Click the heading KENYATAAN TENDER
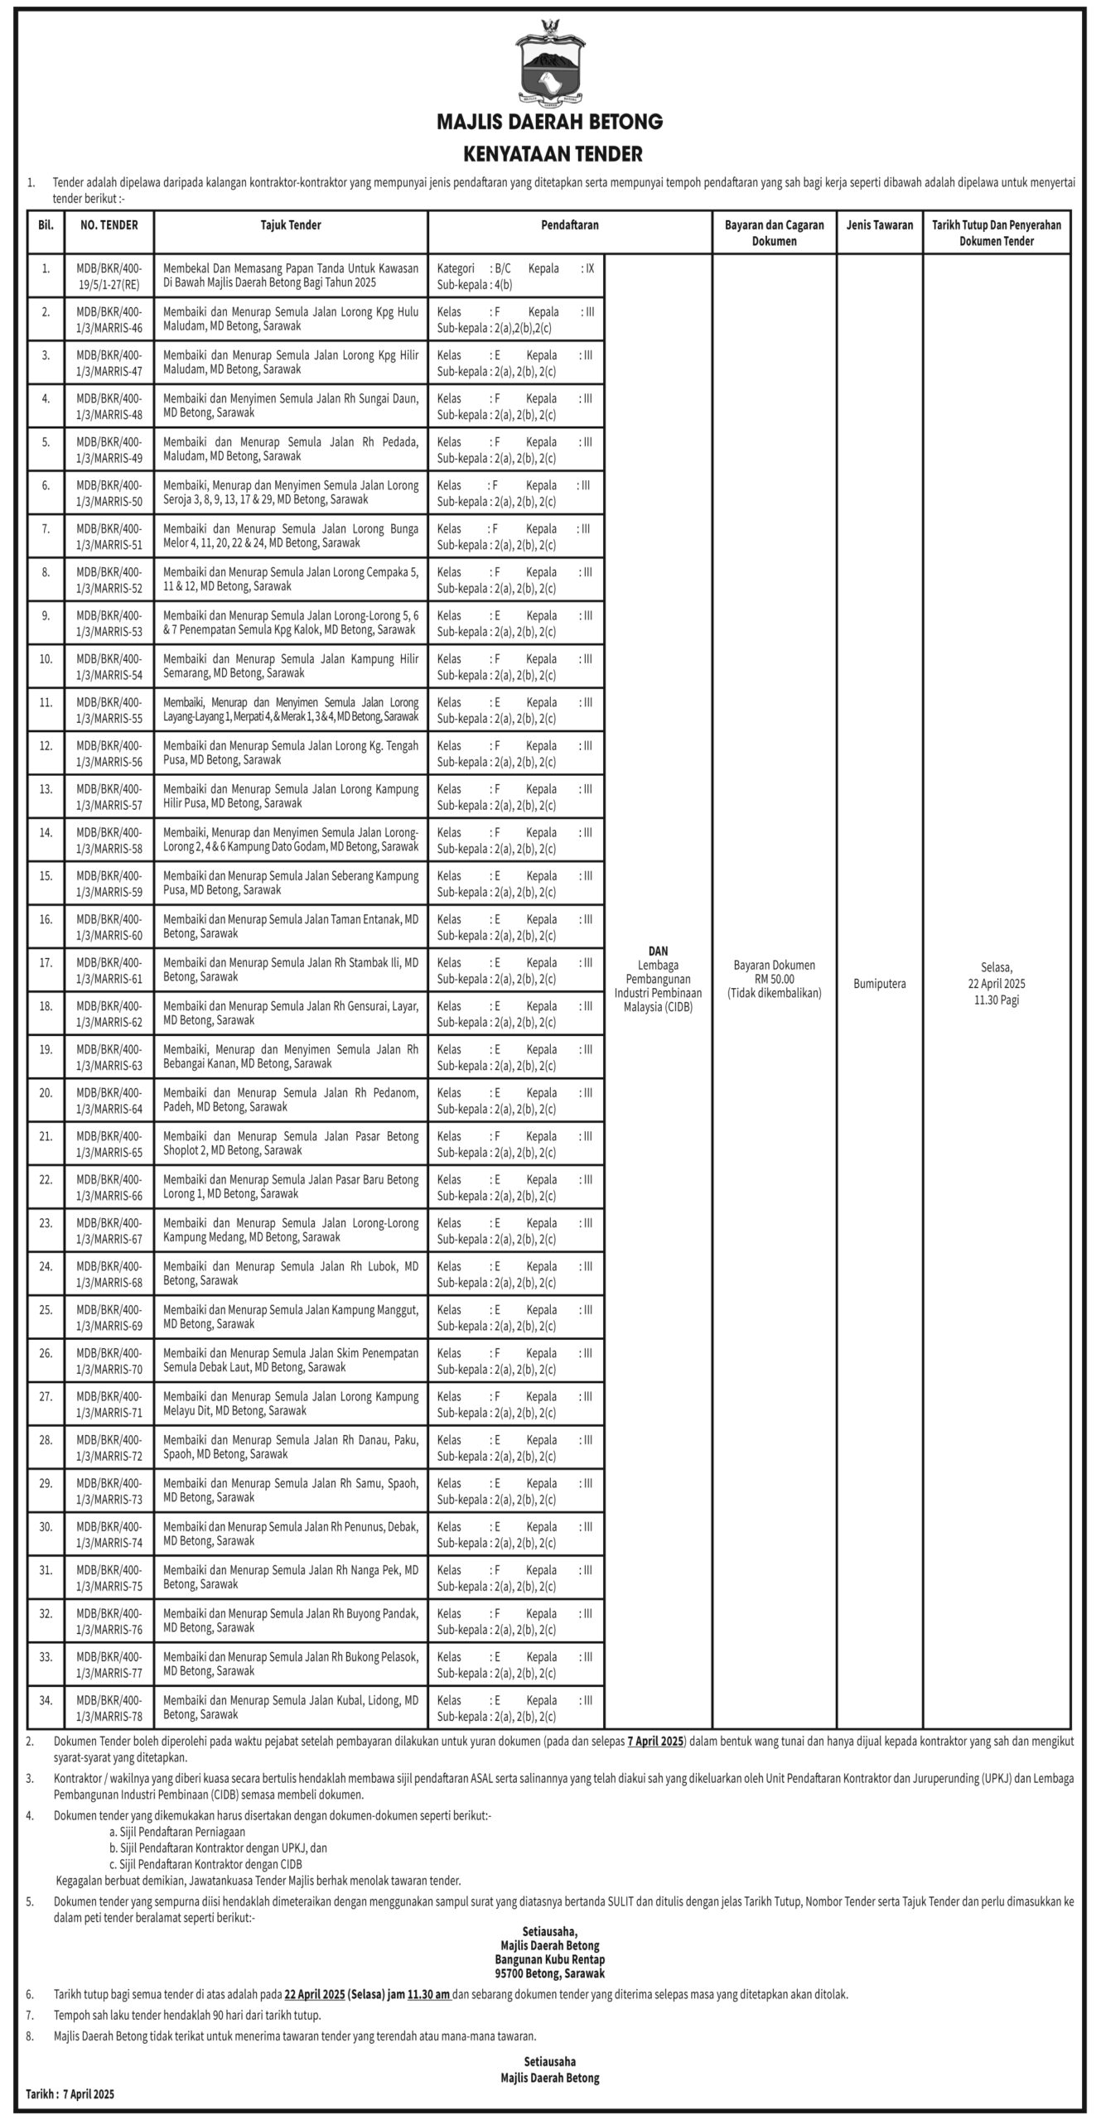(x=551, y=154)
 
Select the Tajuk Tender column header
(x=291, y=225)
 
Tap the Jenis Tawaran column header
(x=879, y=225)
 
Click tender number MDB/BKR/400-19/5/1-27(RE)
(x=109, y=276)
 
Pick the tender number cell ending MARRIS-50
(x=109, y=493)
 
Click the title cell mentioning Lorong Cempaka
(x=291, y=579)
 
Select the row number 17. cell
(x=46, y=962)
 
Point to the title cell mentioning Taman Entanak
(x=291, y=926)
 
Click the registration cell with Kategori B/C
(x=515, y=276)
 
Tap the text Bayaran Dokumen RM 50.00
(x=774, y=972)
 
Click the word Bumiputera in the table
(x=879, y=984)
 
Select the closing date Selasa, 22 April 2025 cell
(x=997, y=984)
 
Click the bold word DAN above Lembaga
(x=658, y=951)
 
